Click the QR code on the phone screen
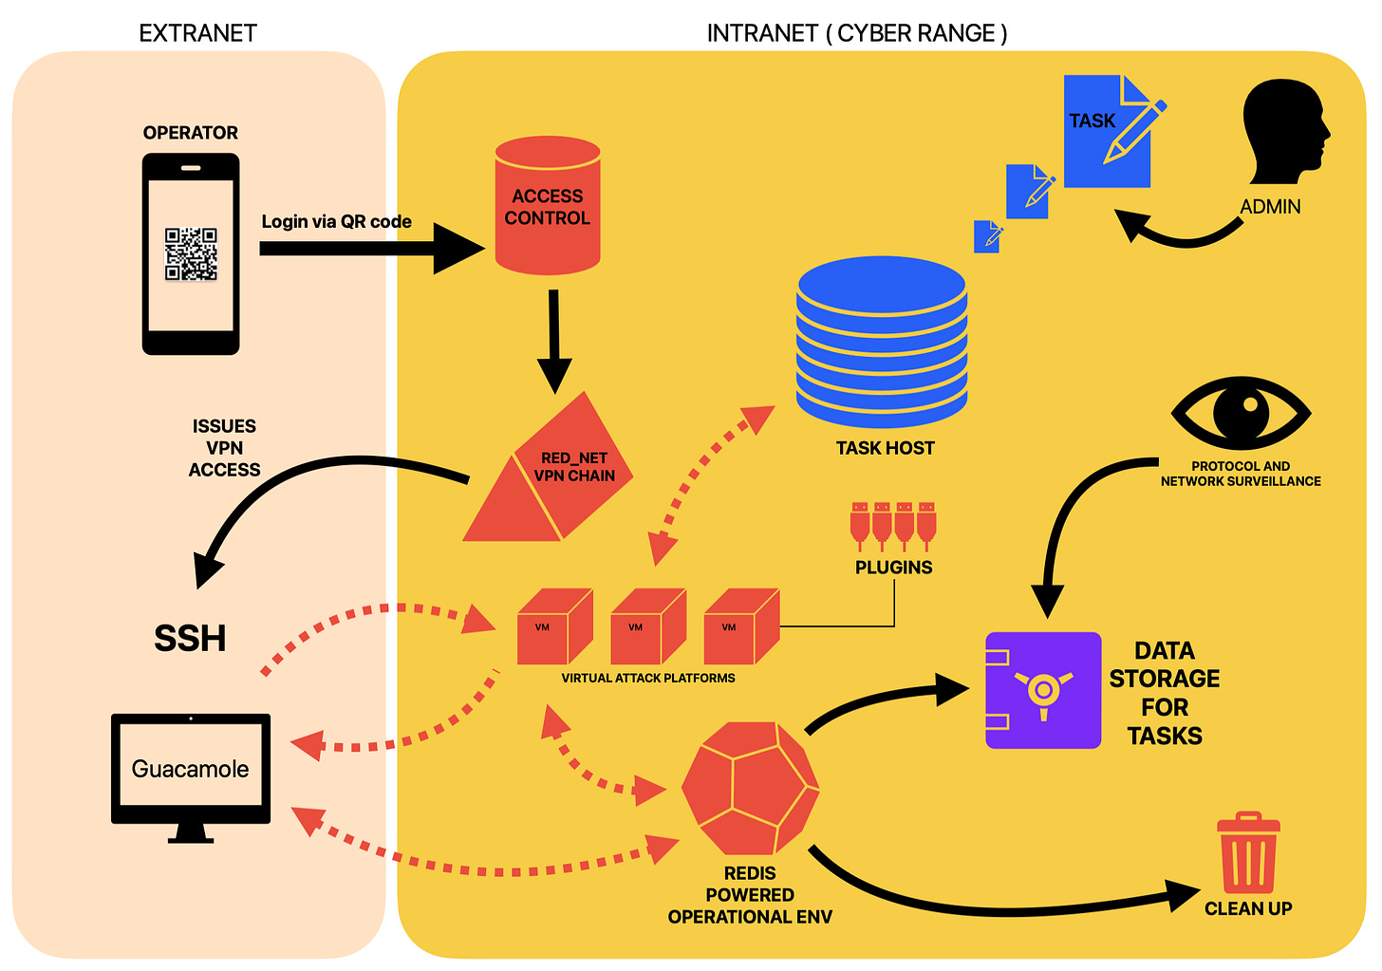tap(191, 253)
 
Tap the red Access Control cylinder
tap(548, 206)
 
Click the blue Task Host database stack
tap(882, 342)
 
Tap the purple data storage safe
tap(1043, 690)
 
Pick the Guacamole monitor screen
tap(191, 769)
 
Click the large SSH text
tap(190, 639)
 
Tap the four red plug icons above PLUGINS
tap(893, 526)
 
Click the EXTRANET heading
tap(197, 33)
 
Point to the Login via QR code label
tap(336, 222)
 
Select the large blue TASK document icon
tap(1108, 132)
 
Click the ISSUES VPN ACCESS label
tap(224, 448)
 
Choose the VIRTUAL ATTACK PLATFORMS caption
tap(648, 678)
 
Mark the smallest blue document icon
tap(987, 236)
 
